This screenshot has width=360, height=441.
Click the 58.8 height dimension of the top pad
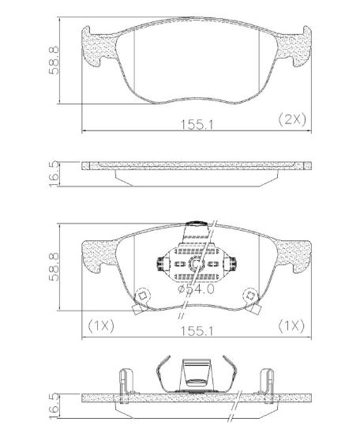point(54,60)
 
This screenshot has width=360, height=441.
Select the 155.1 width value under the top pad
point(197,125)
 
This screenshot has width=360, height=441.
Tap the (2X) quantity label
point(292,120)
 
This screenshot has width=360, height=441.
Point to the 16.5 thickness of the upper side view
point(54,174)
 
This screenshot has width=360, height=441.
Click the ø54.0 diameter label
point(196,288)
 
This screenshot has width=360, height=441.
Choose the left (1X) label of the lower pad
point(101,326)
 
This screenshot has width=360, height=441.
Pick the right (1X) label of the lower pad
point(291,326)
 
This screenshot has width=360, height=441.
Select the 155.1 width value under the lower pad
point(197,331)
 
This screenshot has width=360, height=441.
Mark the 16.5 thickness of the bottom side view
point(54,406)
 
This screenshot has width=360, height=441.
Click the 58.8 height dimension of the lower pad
point(54,266)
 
